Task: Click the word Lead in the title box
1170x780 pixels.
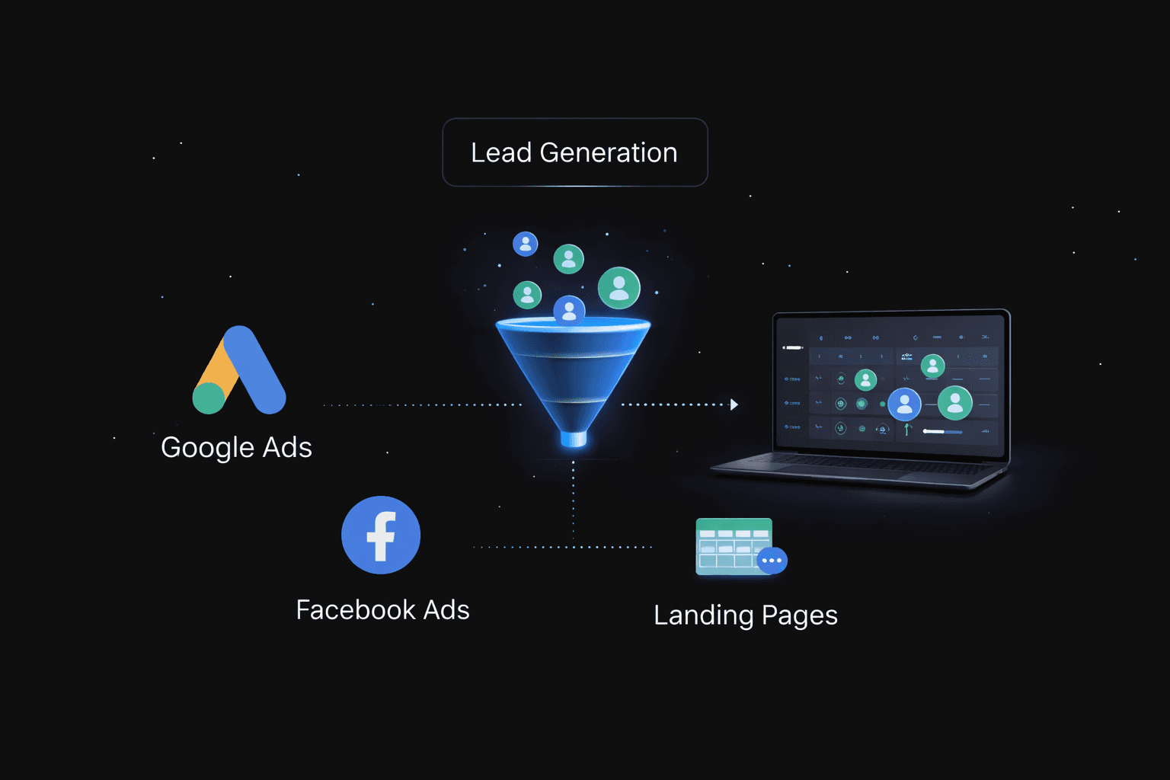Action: point(500,153)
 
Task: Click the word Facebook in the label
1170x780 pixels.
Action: point(356,610)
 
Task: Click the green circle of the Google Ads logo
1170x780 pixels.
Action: point(209,398)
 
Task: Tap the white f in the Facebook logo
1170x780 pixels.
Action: point(381,535)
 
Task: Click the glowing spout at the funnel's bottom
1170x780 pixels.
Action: point(574,439)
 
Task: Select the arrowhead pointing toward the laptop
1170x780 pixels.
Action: point(734,404)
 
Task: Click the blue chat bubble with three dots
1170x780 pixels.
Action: point(772,561)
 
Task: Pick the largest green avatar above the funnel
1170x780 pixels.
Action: point(619,288)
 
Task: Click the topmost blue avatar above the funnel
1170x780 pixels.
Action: point(526,244)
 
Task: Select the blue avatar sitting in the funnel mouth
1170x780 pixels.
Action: point(569,310)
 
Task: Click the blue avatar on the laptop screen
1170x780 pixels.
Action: point(904,404)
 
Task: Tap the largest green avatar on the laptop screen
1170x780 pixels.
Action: point(954,402)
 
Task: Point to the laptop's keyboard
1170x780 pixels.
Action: point(861,465)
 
